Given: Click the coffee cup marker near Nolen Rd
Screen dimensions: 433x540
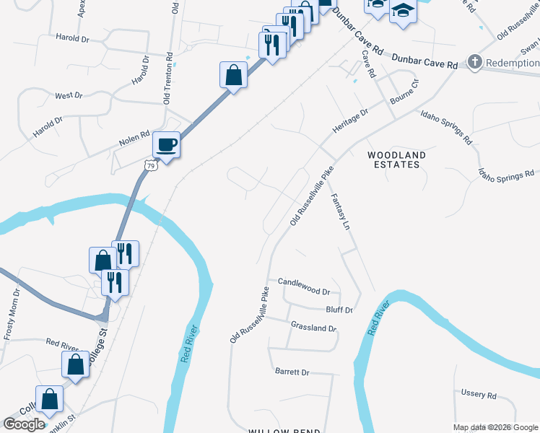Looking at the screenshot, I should pyautogui.click(x=166, y=145).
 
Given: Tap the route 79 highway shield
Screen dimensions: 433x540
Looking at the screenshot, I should pyautogui.click(x=150, y=166).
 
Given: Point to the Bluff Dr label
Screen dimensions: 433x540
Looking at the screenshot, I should pyautogui.click(x=339, y=310).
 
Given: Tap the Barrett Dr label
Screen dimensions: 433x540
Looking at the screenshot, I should pyautogui.click(x=292, y=372).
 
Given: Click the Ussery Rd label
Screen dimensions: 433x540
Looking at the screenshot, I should pyautogui.click(x=479, y=395).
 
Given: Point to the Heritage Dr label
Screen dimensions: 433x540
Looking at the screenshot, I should pyautogui.click(x=350, y=120).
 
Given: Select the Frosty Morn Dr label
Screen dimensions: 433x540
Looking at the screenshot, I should pyautogui.click(x=9, y=314).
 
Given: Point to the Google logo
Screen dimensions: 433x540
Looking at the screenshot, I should pyautogui.click(x=24, y=424).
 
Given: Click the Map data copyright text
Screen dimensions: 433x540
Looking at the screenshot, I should pyautogui.click(x=496, y=427).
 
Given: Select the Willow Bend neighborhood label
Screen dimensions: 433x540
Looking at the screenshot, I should pyautogui.click(x=284, y=431).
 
